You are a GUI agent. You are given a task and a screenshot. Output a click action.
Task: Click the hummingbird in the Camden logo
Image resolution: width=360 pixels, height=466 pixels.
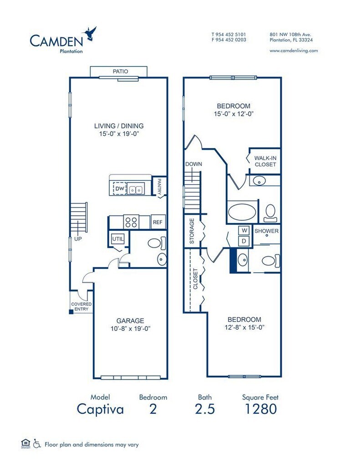tap(90, 33)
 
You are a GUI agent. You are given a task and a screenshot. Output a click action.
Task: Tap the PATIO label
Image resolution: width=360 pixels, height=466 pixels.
tap(121, 71)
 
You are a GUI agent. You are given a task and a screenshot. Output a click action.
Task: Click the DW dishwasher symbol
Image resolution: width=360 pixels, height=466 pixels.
tap(120, 188)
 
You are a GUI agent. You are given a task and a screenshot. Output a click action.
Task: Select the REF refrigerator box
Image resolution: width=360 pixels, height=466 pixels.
tap(158, 222)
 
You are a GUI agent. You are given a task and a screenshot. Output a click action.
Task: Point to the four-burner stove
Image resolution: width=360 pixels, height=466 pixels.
tap(131, 222)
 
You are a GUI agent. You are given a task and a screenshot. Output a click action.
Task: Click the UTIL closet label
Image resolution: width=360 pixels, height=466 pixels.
tap(118, 238)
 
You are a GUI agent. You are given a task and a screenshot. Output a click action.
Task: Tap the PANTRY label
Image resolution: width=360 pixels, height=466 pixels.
tap(159, 186)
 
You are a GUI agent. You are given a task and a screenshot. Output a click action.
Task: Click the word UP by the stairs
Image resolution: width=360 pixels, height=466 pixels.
tap(78, 238)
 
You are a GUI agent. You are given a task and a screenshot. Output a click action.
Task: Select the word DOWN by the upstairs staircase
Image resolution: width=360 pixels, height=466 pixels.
tap(193, 164)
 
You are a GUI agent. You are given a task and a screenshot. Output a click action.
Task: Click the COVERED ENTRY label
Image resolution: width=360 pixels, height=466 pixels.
tap(81, 306)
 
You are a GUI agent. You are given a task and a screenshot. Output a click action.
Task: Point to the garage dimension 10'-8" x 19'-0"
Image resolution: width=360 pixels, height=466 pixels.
tap(130, 329)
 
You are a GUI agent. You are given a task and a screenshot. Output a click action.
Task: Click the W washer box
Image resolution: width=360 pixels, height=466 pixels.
tap(244, 231)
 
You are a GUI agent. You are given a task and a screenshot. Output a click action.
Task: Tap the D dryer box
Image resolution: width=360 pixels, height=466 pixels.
tap(244, 241)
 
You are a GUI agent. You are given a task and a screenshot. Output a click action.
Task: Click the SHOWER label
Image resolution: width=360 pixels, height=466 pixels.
tap(266, 231)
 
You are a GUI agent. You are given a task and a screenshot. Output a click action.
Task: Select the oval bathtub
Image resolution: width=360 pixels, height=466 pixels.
tap(242, 212)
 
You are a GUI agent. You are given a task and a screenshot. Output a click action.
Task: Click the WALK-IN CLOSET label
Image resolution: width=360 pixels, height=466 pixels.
tap(265, 162)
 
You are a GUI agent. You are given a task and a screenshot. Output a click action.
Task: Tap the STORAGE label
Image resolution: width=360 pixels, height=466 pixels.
tap(192, 231)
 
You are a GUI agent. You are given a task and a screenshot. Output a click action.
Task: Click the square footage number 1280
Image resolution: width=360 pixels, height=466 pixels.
tap(260, 409)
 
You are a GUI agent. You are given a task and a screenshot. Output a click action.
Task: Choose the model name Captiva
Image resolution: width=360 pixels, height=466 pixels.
tap(100, 409)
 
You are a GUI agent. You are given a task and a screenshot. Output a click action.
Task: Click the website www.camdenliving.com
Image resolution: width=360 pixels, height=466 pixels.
tap(294, 51)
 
